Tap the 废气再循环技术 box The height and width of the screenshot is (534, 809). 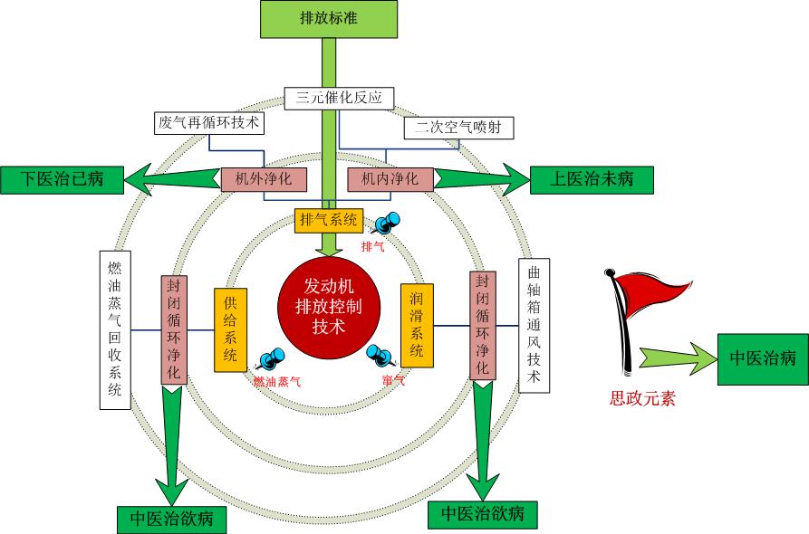tap(207, 122)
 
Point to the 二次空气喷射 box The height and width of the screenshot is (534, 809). tap(457, 128)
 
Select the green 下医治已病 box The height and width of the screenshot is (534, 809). tap(63, 179)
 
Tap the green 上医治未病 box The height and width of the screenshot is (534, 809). tap(590, 179)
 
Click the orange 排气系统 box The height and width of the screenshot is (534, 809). tap(330, 219)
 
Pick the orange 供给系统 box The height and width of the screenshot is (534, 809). tap(230, 329)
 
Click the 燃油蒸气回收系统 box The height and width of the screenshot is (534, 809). tap(115, 329)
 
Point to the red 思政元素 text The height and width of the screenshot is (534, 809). tap(642, 396)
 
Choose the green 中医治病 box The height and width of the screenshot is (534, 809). tap(762, 357)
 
